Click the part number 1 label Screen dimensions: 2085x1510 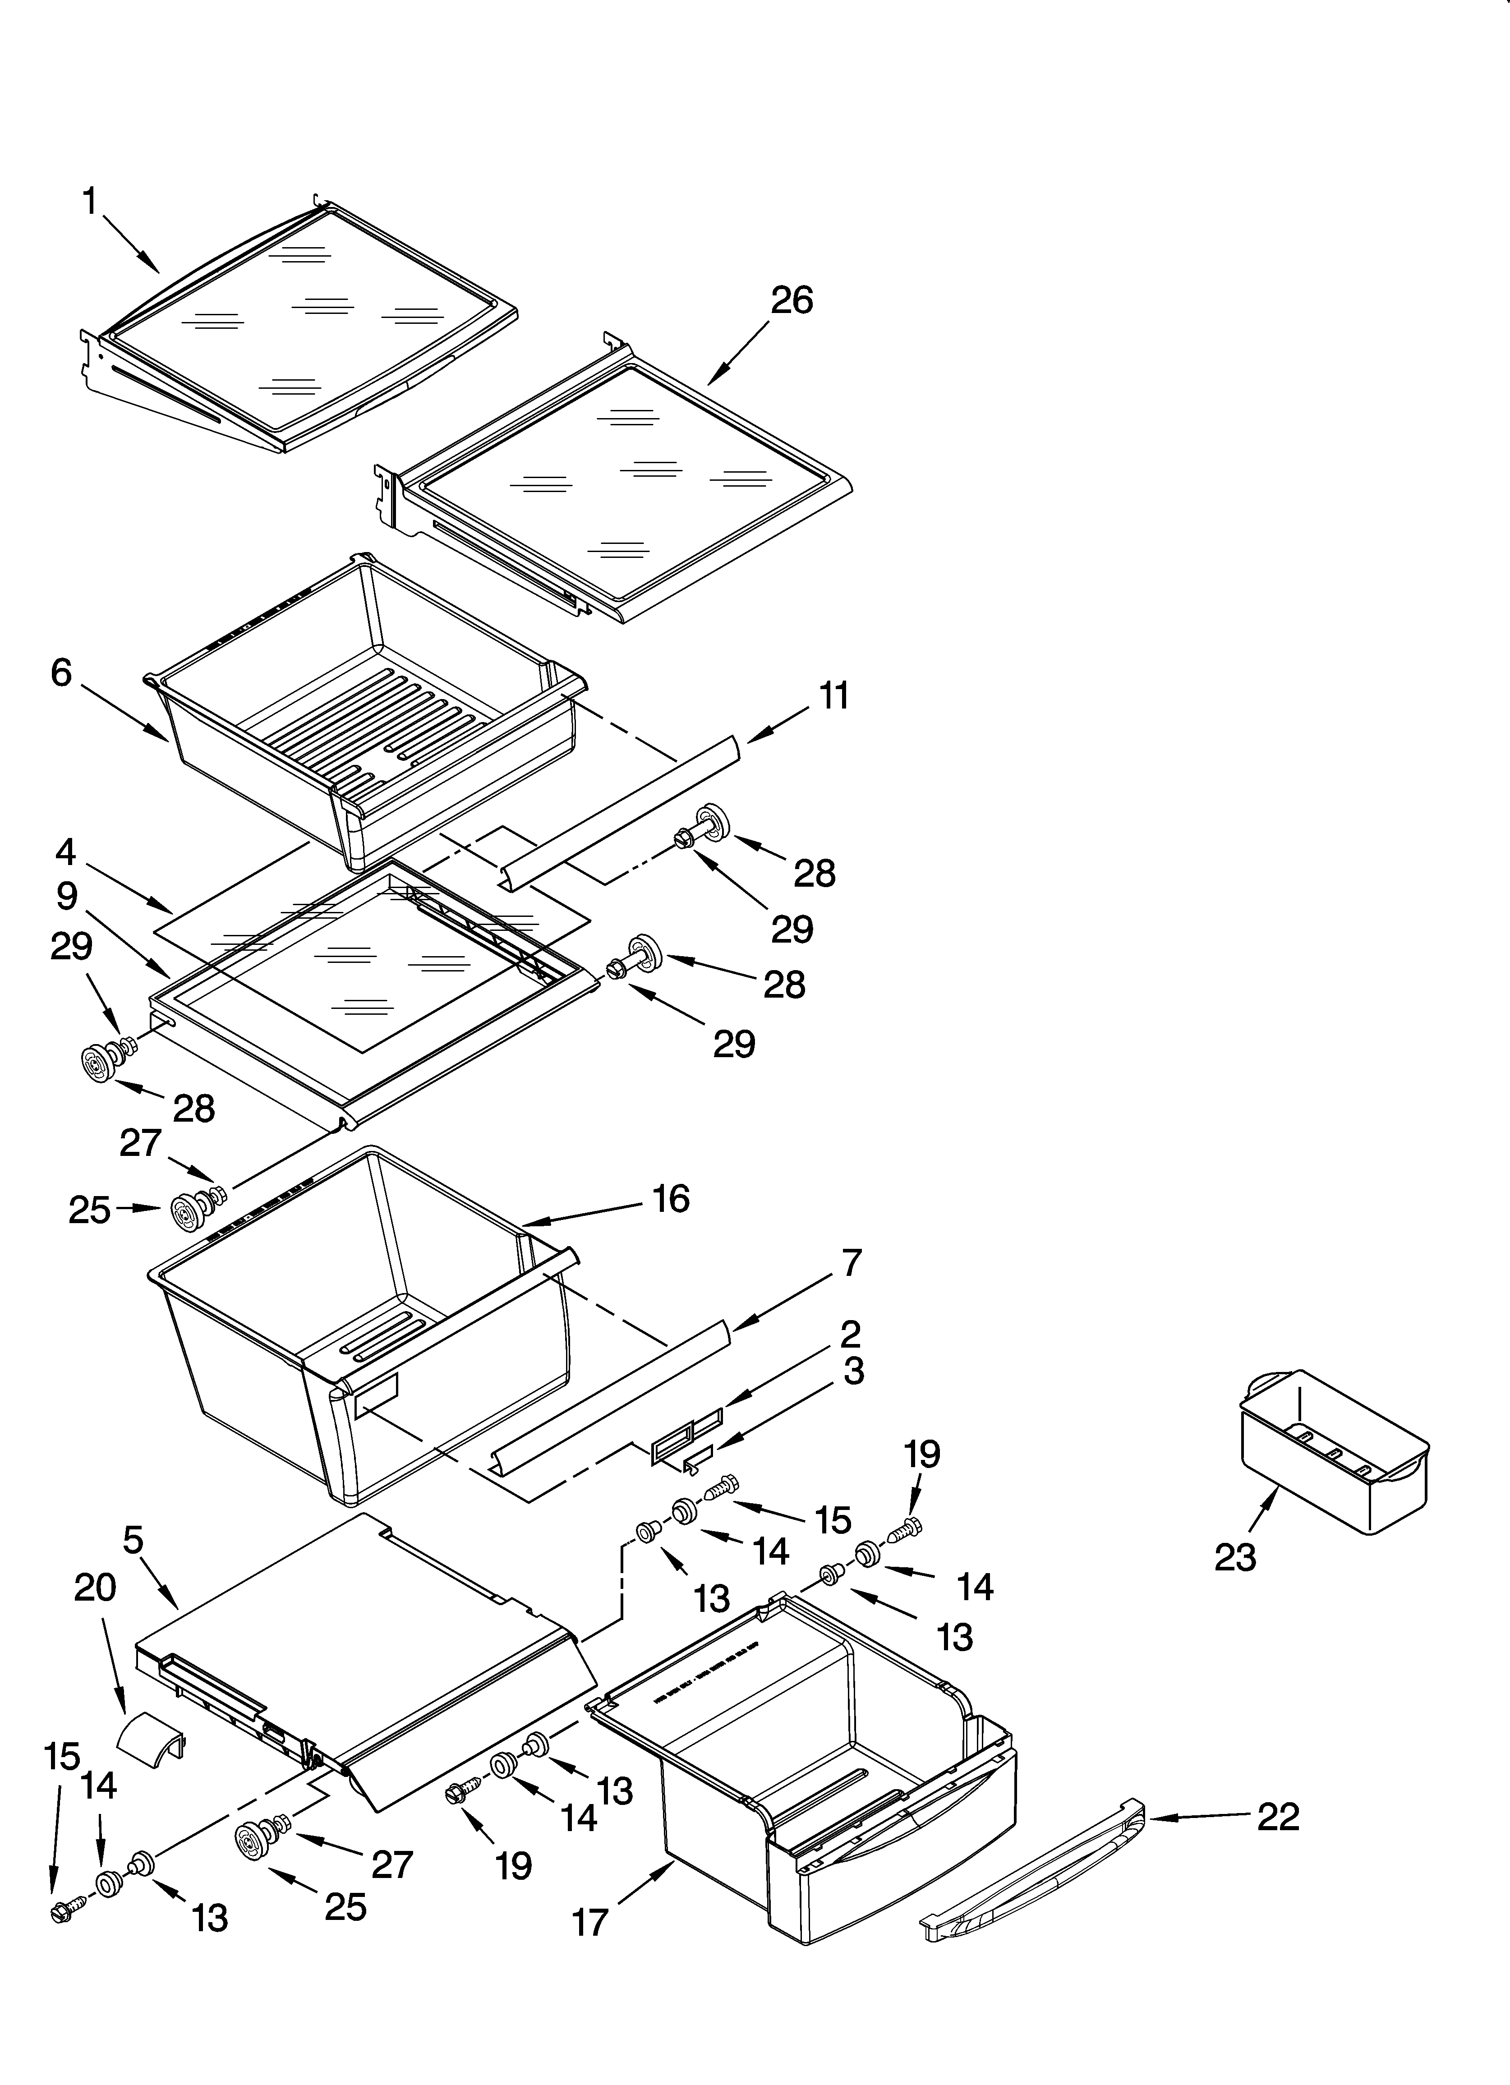(89, 200)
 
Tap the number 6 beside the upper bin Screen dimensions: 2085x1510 (61, 673)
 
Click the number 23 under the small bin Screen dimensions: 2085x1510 (1235, 1557)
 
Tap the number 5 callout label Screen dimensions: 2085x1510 (134, 1540)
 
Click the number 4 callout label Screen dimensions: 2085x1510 (65, 852)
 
